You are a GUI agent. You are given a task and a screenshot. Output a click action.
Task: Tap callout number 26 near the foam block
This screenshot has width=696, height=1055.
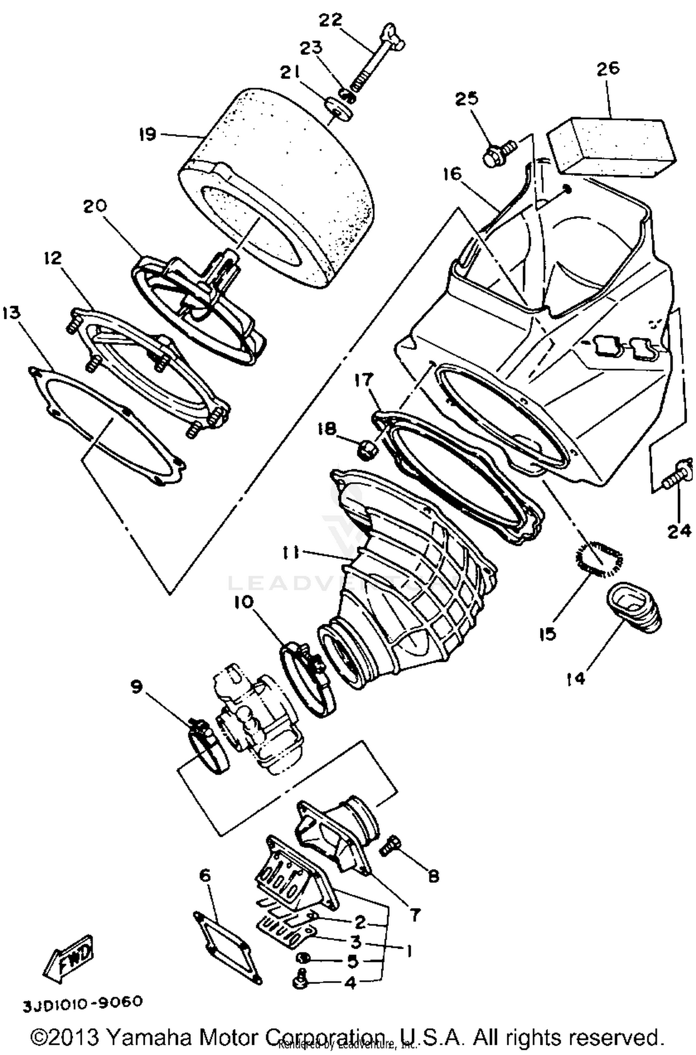pos(607,68)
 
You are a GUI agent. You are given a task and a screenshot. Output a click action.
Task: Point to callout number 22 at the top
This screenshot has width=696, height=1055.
pos(331,20)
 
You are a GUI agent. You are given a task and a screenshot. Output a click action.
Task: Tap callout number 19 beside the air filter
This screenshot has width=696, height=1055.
pos(148,135)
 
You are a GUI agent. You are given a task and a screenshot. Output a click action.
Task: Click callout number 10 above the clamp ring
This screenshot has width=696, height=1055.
pos(244,602)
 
